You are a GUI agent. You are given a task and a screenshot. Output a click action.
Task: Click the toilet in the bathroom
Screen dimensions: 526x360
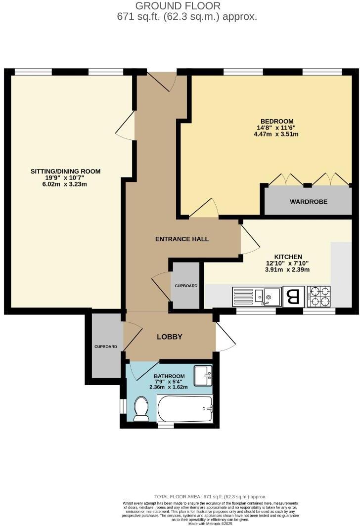point(141,408)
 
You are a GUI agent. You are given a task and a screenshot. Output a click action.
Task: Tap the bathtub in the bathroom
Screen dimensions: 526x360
point(184,409)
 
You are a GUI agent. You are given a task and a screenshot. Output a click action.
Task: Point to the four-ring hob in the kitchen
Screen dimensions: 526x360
point(319,296)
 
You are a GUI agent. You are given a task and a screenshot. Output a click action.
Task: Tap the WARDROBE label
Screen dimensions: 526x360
point(309,202)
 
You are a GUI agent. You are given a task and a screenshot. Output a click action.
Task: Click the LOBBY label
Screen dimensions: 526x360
point(170,337)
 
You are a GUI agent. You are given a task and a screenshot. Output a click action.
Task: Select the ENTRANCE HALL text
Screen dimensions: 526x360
point(182,239)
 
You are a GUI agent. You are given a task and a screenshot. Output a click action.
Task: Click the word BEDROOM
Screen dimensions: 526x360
point(277,121)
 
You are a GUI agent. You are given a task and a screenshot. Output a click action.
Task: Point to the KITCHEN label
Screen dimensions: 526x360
point(288,257)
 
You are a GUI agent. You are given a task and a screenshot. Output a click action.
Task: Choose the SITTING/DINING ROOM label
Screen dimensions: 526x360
point(66,172)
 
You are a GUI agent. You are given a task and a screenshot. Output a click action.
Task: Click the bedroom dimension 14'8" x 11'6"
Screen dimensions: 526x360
point(277,128)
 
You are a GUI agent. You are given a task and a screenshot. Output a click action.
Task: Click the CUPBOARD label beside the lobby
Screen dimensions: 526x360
point(106,347)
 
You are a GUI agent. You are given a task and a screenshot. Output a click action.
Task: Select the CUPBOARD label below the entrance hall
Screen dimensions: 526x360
point(185,286)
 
